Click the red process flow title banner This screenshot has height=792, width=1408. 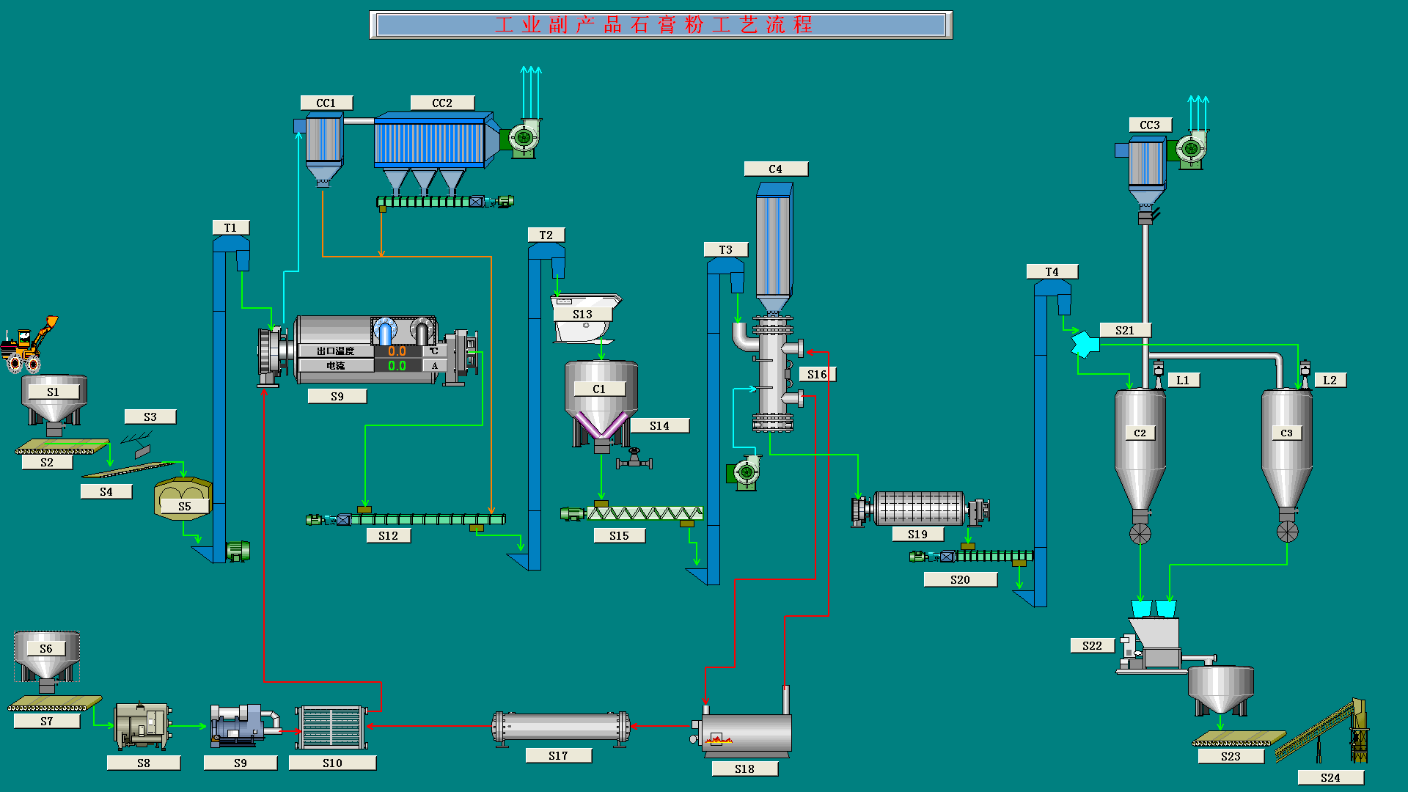pyautogui.click(x=660, y=25)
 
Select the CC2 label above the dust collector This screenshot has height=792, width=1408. pyautogui.click(x=442, y=103)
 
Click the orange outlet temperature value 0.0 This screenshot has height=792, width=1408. pyautogui.click(x=397, y=351)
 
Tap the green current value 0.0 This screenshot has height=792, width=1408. pyautogui.click(x=397, y=365)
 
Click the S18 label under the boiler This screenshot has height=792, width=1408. pyautogui.click(x=744, y=769)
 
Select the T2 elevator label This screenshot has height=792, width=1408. pyautogui.click(x=546, y=235)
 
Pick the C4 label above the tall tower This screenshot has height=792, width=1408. pyautogui.click(x=775, y=169)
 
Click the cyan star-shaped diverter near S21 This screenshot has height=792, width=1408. pyautogui.click(x=1084, y=344)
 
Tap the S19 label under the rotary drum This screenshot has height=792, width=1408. pyautogui.click(x=917, y=535)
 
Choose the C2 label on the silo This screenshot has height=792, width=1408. pyautogui.click(x=1140, y=433)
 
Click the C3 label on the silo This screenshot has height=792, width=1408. pyautogui.click(x=1286, y=433)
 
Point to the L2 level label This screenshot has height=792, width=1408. pyautogui.click(x=1330, y=380)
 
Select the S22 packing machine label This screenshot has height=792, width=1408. pyautogui.click(x=1092, y=645)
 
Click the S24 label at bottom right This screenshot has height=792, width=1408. pyautogui.click(x=1330, y=777)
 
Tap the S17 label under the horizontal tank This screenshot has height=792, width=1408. pyautogui.click(x=558, y=755)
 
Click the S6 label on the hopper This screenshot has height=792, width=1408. pyautogui.click(x=46, y=648)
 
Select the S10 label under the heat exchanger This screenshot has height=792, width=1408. pyautogui.click(x=332, y=763)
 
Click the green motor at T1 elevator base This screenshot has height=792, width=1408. pyautogui.click(x=238, y=550)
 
